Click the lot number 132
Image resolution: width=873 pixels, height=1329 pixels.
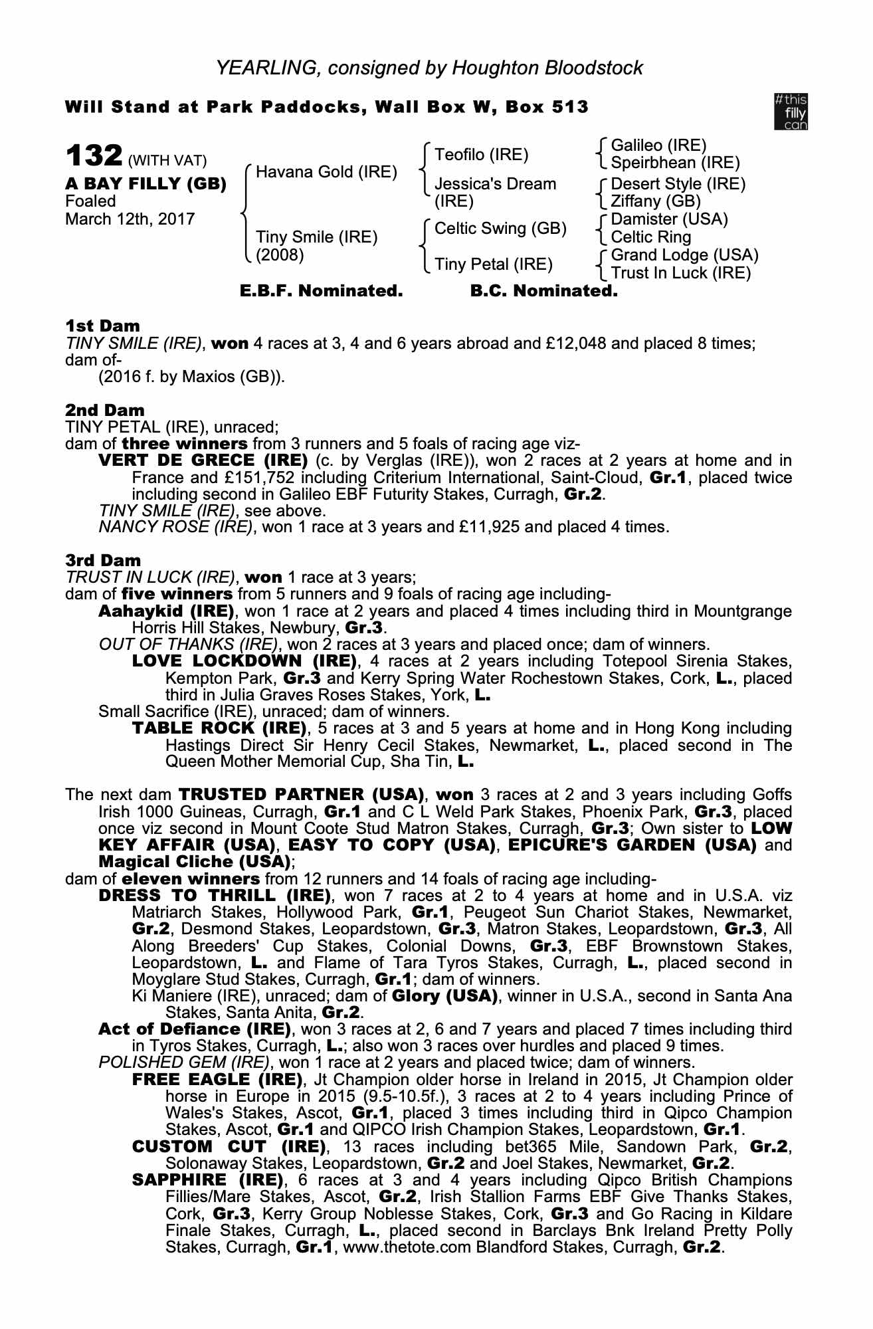pyautogui.click(x=94, y=157)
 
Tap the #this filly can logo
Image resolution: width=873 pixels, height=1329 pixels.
pyautogui.click(x=791, y=112)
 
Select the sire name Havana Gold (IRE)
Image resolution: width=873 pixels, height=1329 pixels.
pyautogui.click(x=326, y=172)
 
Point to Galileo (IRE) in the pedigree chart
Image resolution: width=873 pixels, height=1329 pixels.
pyautogui.click(x=658, y=146)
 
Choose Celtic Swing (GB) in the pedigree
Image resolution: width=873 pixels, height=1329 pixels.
pyautogui.click(x=500, y=229)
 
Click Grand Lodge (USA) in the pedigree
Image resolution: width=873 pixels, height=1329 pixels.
pyautogui.click(x=684, y=255)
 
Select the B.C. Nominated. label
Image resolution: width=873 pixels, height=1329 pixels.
pyautogui.click(x=543, y=291)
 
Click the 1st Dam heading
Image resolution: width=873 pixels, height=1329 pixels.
pyautogui.click(x=102, y=326)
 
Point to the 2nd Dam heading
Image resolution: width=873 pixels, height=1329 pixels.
pyautogui.click(x=104, y=410)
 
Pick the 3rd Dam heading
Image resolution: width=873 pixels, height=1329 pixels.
pyautogui.click(x=103, y=560)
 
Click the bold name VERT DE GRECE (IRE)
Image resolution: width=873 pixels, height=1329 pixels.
pyautogui.click(x=203, y=460)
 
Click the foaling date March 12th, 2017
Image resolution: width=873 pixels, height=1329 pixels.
pyautogui.click(x=130, y=219)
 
